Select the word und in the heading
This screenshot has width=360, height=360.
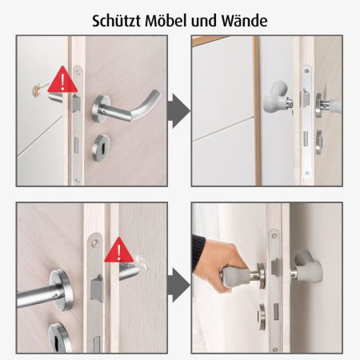pyautogui.click(x=204, y=18)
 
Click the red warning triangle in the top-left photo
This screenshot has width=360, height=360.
pyautogui.click(x=62, y=80)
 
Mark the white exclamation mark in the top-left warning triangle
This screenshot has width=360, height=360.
pyautogui.click(x=62, y=82)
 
